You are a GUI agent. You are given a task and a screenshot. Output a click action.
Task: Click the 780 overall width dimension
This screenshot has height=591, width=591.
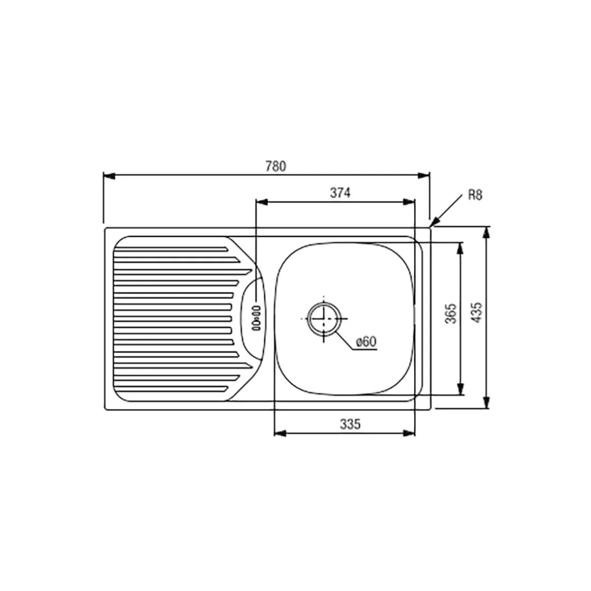(x=276, y=166)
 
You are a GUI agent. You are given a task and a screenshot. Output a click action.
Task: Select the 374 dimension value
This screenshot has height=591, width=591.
(x=340, y=193)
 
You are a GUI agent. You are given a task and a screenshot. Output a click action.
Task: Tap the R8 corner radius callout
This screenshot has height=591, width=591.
(x=475, y=195)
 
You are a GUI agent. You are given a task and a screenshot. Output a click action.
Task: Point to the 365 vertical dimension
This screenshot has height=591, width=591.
(x=451, y=313)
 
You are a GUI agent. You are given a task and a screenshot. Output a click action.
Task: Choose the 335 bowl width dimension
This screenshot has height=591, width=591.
(x=350, y=424)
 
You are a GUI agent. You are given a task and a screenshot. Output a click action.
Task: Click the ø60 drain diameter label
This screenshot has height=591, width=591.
(x=366, y=341)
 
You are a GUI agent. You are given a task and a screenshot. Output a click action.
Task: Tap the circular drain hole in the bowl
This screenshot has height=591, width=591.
(x=324, y=319)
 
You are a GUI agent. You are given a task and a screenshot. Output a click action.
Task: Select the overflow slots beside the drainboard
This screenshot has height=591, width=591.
(x=256, y=318)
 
